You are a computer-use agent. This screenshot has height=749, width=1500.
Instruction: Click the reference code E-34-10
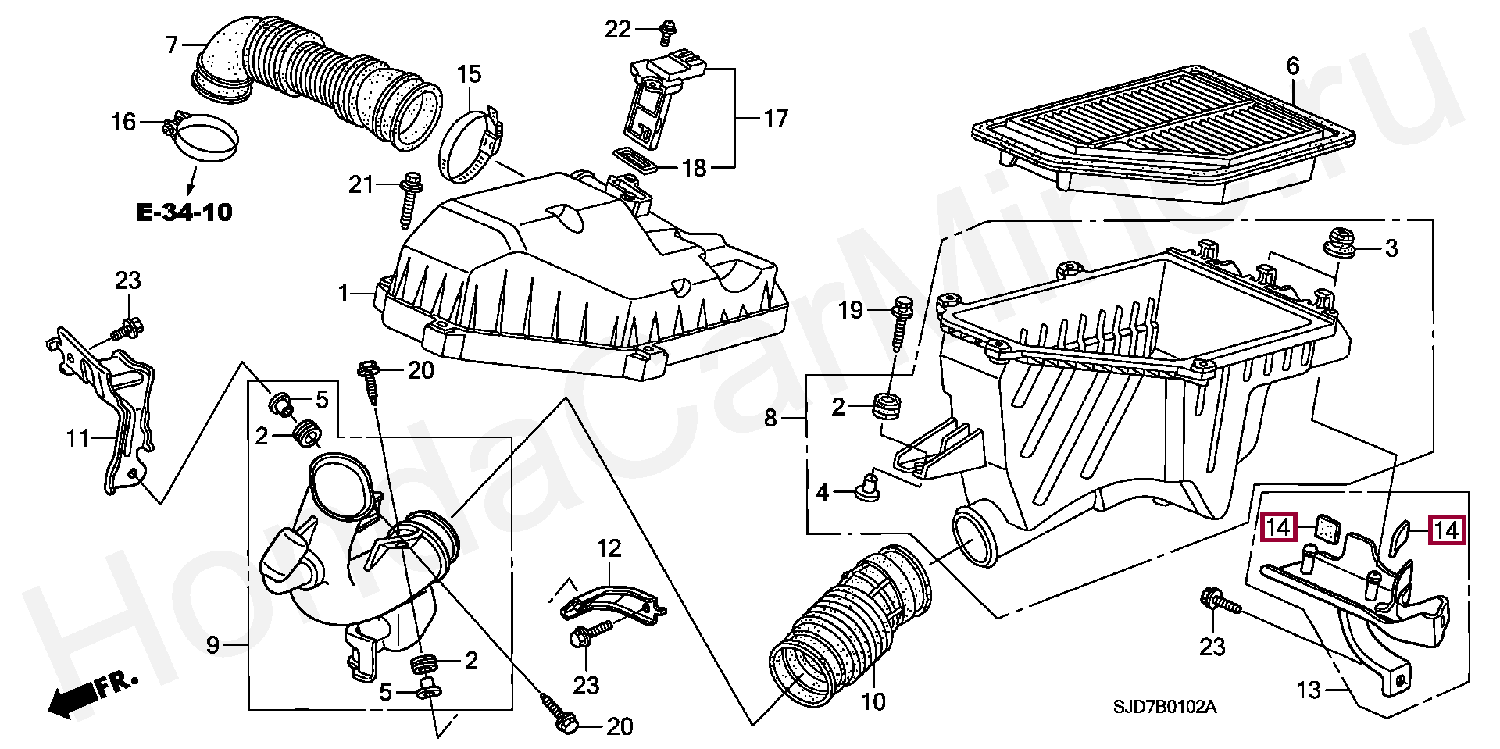pos(184,212)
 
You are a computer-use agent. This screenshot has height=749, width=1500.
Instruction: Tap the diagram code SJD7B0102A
pos(1165,708)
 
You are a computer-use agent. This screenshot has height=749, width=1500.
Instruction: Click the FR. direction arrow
pos(93,694)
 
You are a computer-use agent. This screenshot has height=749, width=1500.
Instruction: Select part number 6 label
pos(1293,66)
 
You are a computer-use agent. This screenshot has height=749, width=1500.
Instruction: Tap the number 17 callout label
pos(776,118)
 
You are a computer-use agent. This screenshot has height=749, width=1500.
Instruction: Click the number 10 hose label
pos(873,702)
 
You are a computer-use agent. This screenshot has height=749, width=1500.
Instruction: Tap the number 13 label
pos(1308,690)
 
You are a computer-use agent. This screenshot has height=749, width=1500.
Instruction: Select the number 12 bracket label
pos(609,548)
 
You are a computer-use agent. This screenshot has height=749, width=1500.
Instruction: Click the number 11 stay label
pos(78,438)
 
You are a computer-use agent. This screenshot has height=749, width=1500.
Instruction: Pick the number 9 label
pos(213,645)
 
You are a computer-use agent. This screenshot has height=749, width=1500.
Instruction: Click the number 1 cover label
pos(343,294)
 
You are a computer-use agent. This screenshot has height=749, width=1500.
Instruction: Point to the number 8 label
pos(770,419)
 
